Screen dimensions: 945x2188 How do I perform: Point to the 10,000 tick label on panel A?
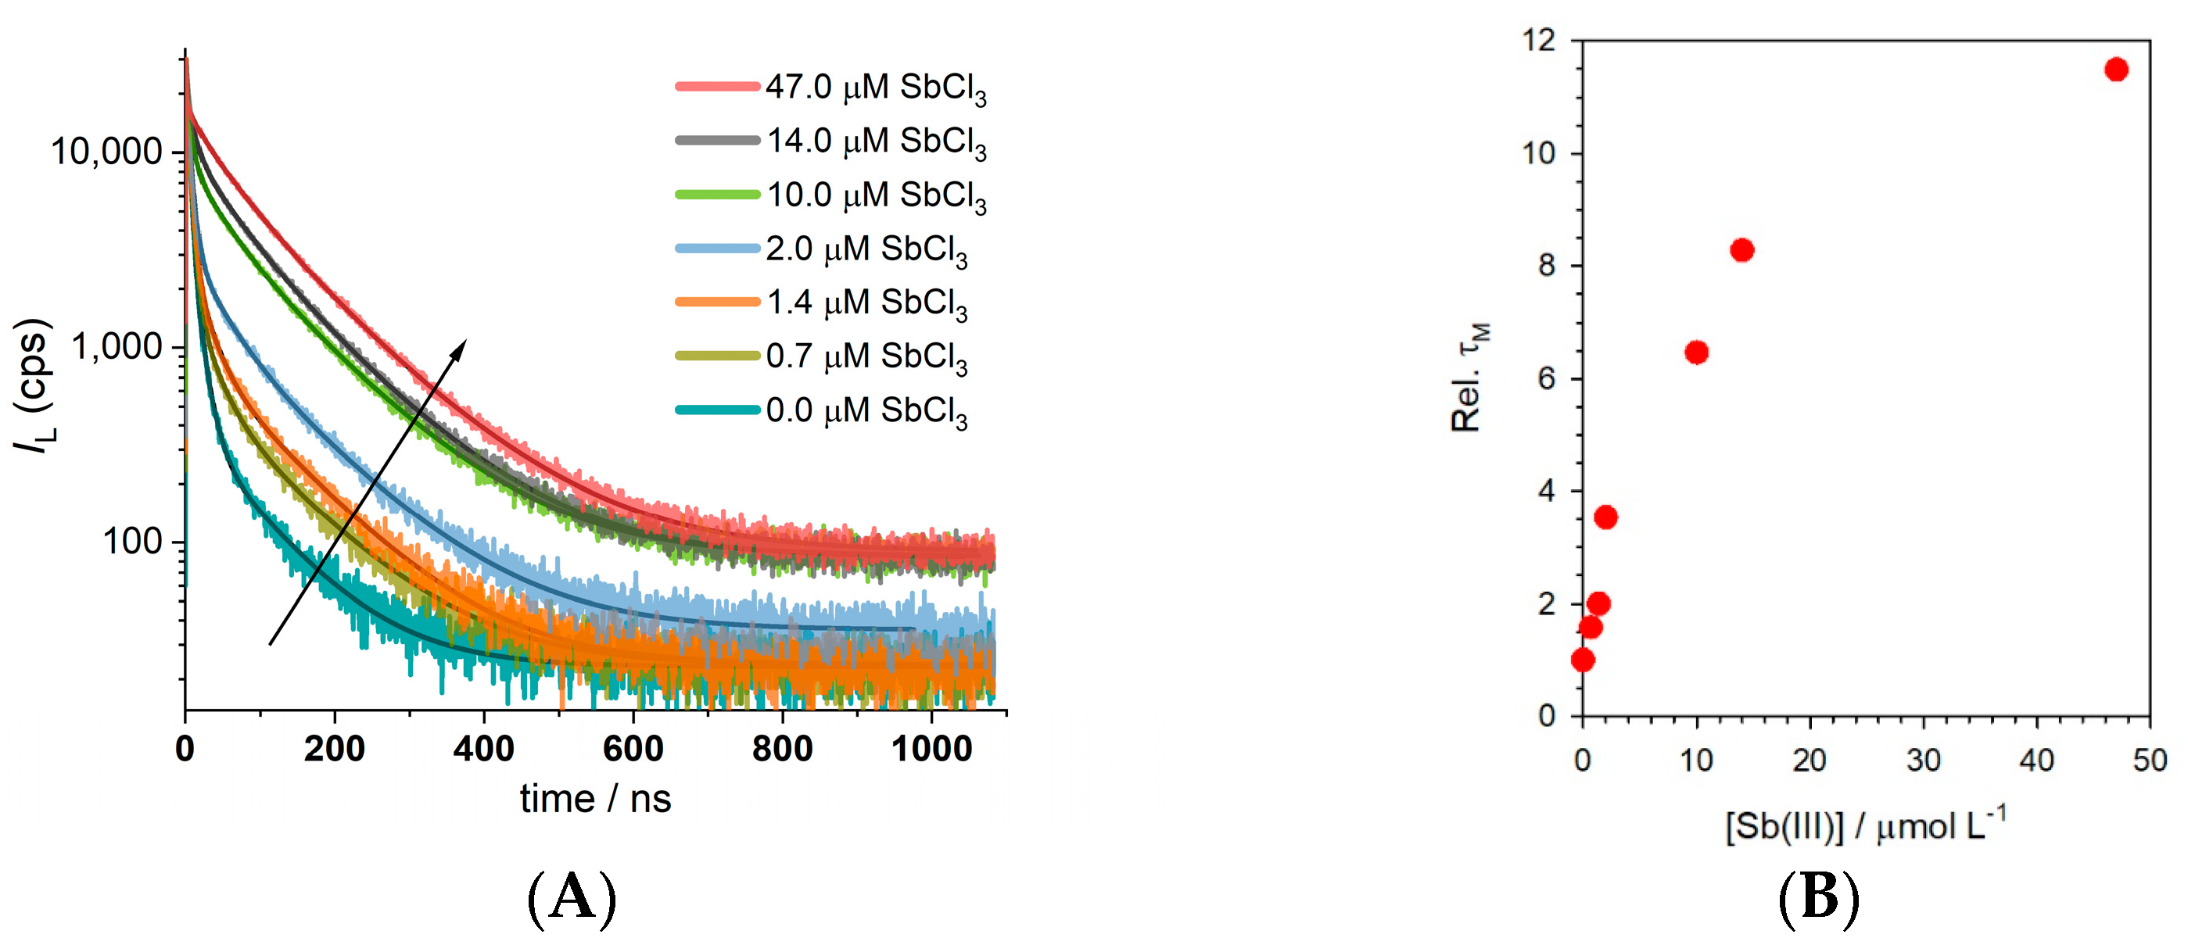[x=106, y=152]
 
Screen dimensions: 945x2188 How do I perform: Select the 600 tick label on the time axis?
[x=633, y=749]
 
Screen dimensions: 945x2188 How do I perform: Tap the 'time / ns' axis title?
[x=595, y=799]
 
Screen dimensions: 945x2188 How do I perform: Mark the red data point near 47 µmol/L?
[x=2116, y=70]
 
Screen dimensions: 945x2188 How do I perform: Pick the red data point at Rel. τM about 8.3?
[x=1741, y=249]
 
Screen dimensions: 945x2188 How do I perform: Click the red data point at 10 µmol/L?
[x=1696, y=353]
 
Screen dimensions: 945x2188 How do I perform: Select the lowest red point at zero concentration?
[x=1583, y=660]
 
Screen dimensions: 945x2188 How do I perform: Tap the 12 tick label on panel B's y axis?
[x=1540, y=40]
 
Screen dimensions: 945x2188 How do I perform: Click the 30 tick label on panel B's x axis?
[x=1923, y=760]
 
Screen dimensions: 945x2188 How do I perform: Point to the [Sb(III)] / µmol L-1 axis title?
[x=1865, y=825]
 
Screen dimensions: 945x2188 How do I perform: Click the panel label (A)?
[x=572, y=898]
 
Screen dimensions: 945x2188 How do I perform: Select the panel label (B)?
[x=1819, y=898]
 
